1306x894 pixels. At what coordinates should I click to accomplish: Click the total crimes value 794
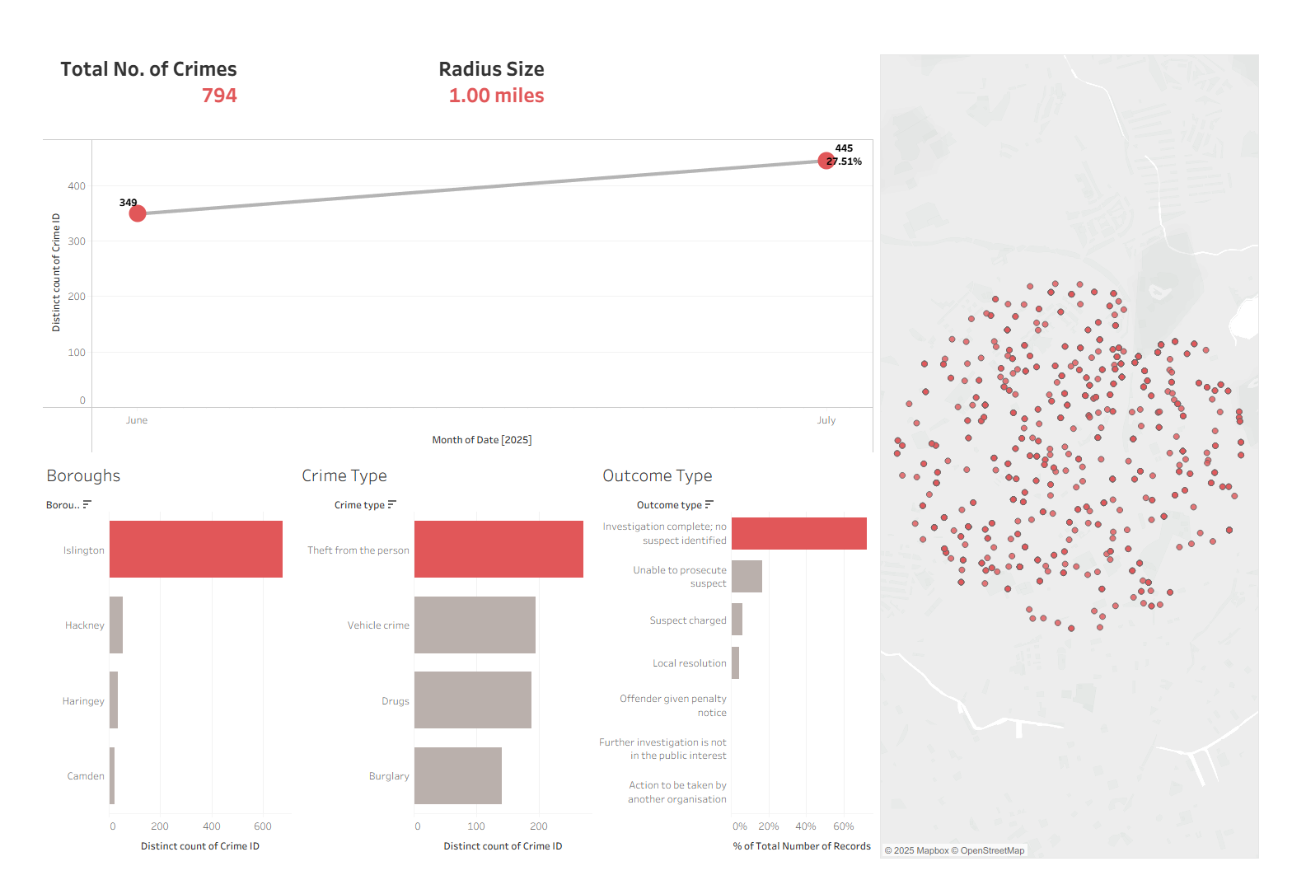219,96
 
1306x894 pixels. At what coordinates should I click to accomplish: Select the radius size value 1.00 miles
496,96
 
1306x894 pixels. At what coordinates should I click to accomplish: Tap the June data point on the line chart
138,213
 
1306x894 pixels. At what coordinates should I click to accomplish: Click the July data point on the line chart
826,161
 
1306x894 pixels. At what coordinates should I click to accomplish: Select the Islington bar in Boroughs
196,549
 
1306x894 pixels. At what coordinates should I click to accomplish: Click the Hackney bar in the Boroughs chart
116,625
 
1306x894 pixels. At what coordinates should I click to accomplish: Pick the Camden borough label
86,776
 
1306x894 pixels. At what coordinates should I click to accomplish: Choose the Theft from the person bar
499,549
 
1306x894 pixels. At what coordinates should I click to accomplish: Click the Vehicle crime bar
475,625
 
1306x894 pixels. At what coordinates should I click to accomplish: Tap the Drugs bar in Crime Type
473,700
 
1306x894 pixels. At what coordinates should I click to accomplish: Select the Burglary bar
458,775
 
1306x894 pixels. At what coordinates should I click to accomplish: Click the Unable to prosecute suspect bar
747,576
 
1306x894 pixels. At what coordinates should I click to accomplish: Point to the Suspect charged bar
737,620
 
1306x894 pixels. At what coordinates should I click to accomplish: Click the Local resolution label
690,663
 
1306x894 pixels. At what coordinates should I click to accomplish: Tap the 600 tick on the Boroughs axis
263,826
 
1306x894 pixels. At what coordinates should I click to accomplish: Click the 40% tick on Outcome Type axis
806,826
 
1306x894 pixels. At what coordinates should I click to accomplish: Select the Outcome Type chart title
658,475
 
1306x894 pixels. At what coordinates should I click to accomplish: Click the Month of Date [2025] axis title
482,440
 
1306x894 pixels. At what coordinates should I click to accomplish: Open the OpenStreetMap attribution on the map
992,850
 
